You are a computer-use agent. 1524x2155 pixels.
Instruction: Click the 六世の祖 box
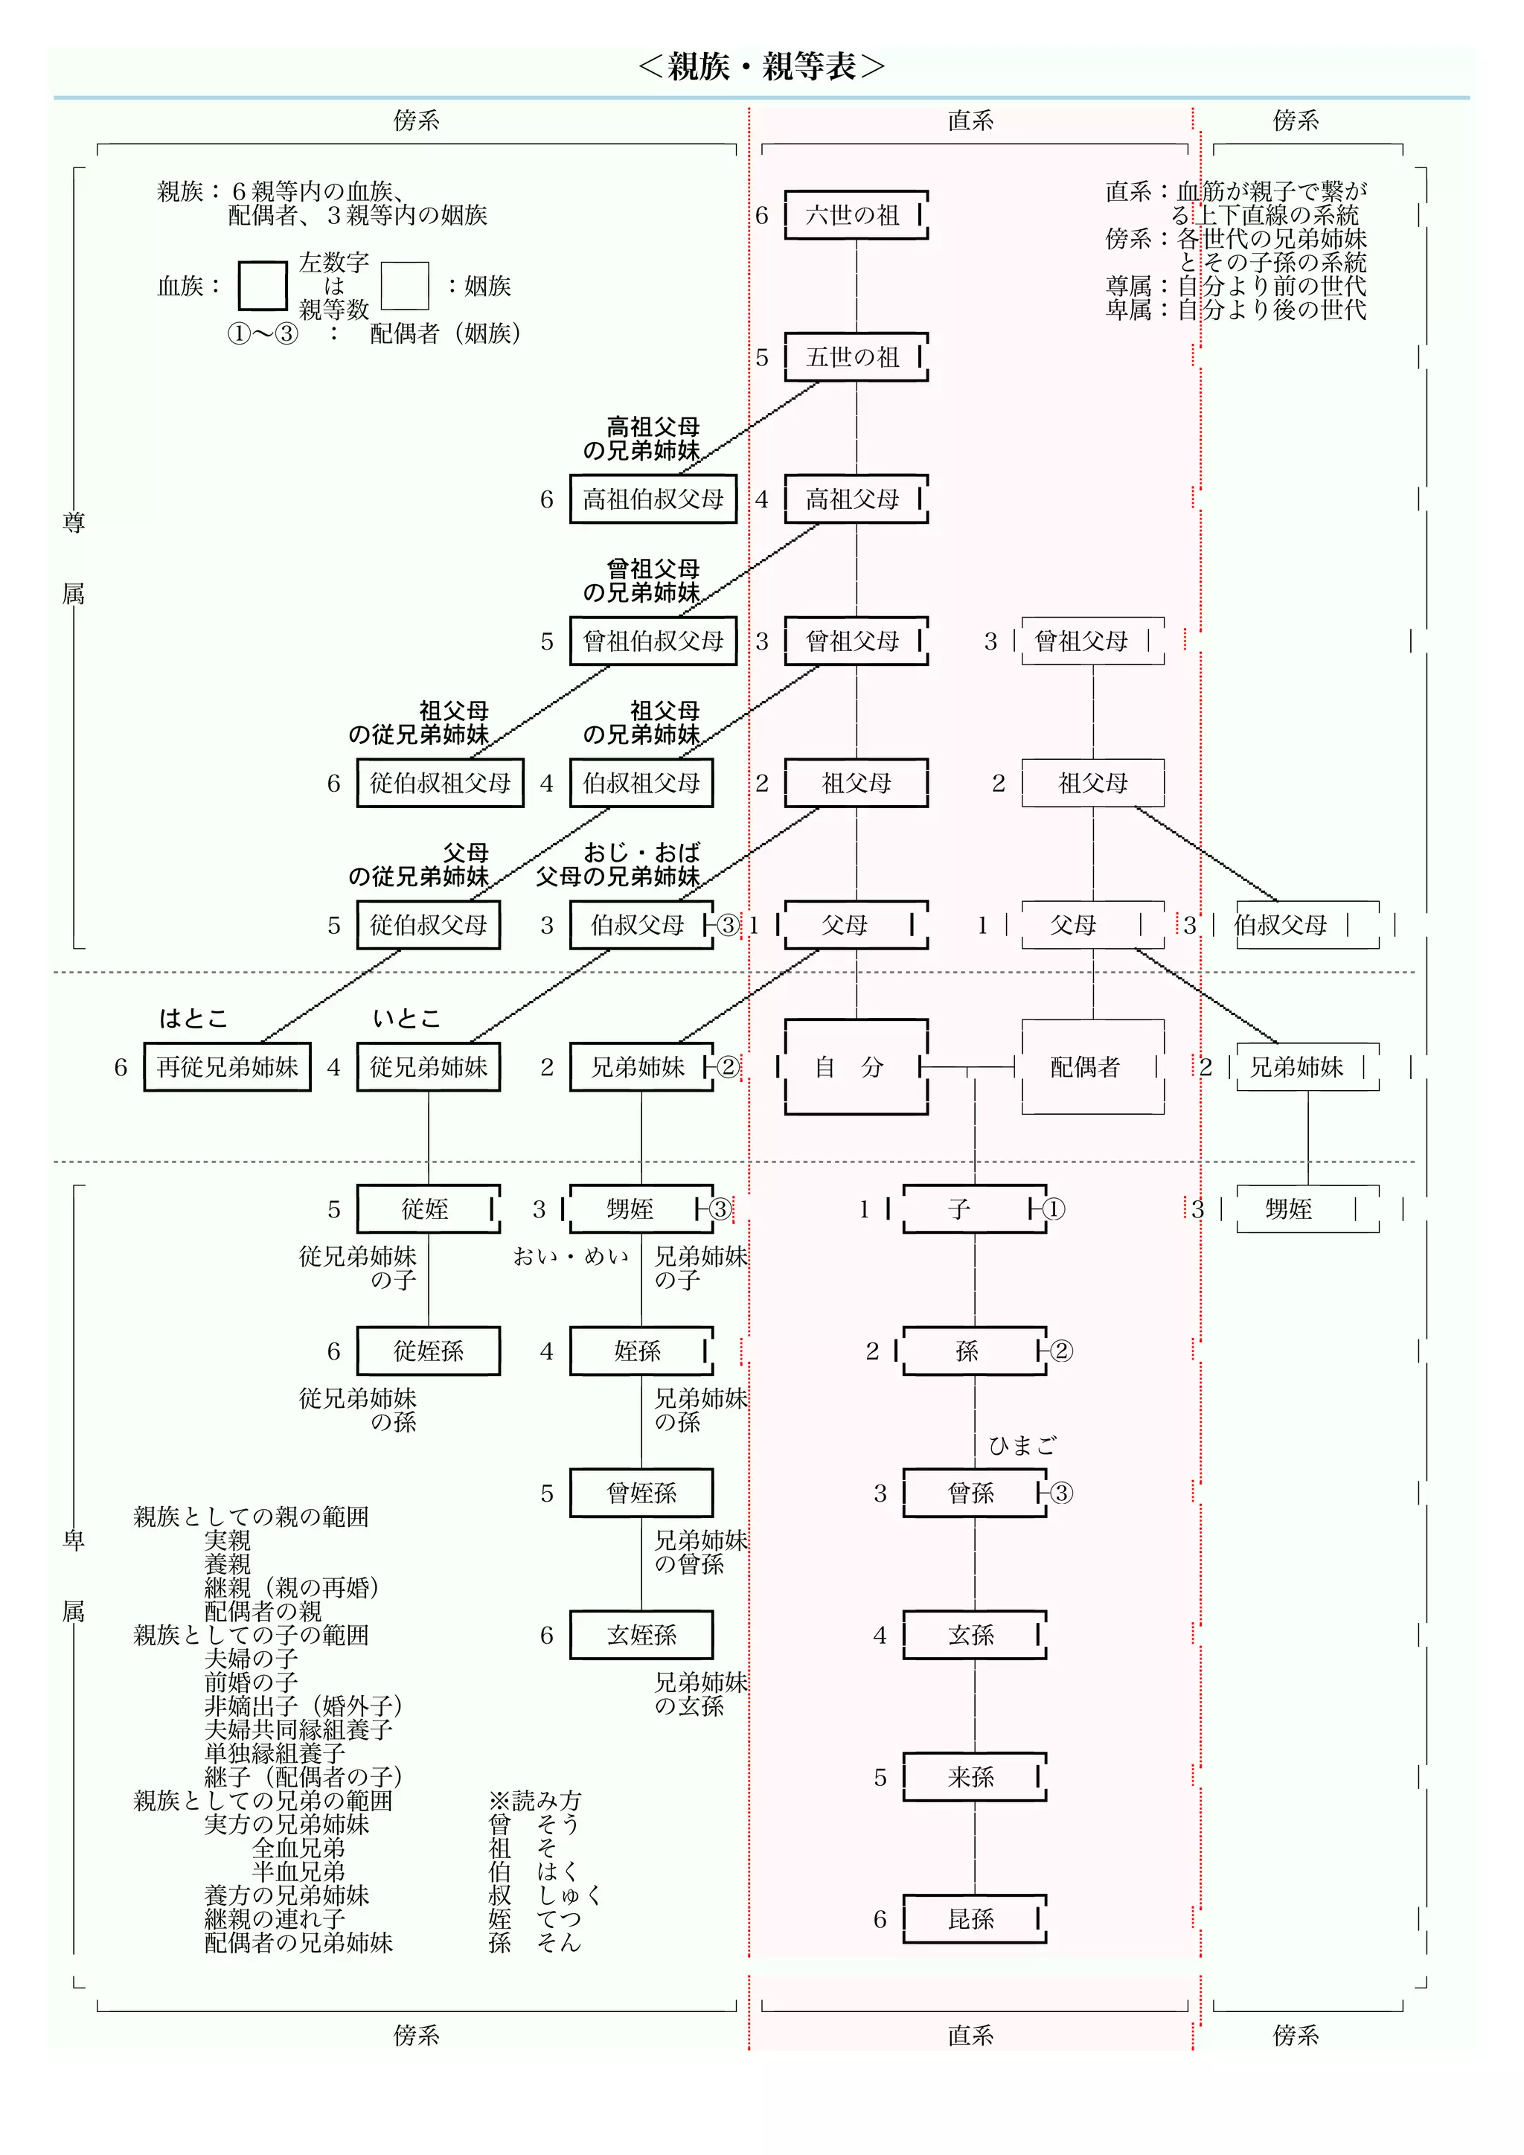point(856,215)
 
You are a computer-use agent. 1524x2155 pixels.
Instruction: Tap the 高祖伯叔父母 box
point(653,499)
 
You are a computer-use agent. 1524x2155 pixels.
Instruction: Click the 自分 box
point(856,1067)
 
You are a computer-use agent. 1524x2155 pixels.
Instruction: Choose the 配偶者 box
point(1092,1067)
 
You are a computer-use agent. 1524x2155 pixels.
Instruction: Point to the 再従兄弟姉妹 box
point(227,1067)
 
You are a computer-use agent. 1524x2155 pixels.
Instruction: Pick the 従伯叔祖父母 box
point(440,783)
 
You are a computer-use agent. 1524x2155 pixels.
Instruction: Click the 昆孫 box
point(974,1919)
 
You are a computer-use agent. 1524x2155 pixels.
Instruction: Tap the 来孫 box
point(974,1777)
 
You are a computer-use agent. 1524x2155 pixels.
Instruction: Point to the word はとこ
point(193,1019)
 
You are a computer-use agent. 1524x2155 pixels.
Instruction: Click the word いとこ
point(406,1019)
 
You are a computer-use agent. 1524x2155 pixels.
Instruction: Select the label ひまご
point(1022,1445)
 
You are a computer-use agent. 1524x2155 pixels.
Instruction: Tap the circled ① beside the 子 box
point(1054,1209)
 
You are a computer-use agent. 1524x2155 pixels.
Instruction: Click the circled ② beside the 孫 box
point(1061,1351)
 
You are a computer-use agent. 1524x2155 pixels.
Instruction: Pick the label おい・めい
point(571,1257)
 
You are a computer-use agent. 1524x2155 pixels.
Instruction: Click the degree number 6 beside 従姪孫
point(333,1351)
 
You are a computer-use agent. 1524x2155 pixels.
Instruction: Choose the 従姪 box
point(428,1209)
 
